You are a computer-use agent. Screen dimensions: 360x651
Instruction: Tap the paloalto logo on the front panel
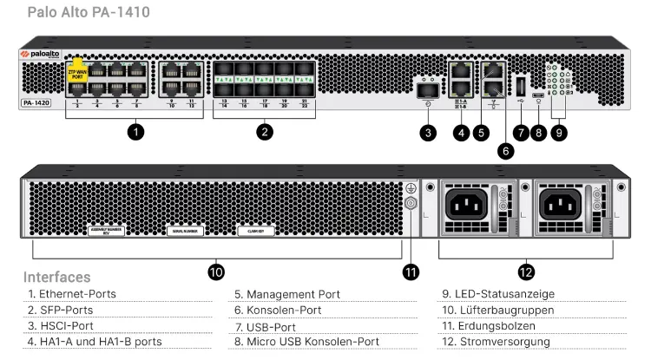click(x=41, y=53)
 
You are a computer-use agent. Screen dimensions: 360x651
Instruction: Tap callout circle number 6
click(x=506, y=148)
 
